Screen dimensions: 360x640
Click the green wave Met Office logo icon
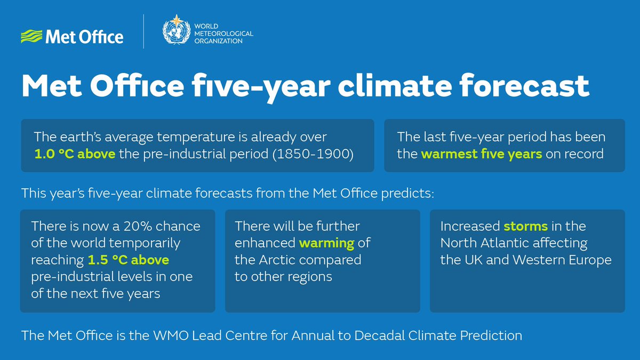31,37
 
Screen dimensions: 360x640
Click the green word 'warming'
326,243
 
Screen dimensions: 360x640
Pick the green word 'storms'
526,226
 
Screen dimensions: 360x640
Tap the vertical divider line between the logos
143,32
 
